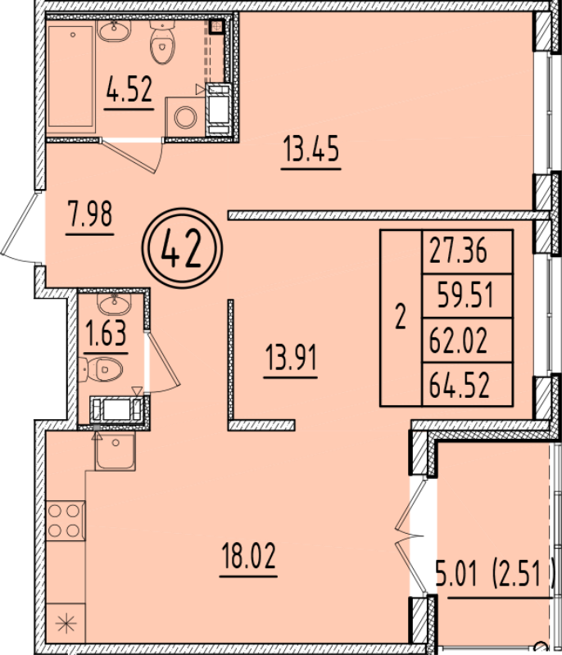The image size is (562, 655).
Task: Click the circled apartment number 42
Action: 182,249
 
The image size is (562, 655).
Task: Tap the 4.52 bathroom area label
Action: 129,89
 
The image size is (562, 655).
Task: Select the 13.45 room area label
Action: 310,149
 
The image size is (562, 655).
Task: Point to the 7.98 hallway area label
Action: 90,214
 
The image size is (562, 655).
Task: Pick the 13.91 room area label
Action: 291,358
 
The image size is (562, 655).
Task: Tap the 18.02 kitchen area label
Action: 249,556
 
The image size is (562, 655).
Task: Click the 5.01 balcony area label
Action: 456,574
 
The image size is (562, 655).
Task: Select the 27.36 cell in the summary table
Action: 459,251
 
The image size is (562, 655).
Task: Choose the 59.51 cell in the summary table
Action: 465,296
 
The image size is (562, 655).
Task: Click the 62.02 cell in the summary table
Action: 459,341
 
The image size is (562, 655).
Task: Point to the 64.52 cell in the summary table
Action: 460,385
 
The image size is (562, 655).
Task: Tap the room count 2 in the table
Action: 401,317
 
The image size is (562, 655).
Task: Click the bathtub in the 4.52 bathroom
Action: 71,76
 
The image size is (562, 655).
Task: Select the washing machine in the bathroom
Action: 185,116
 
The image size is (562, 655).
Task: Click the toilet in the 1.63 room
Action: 101,369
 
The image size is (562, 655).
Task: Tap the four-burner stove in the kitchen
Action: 66,521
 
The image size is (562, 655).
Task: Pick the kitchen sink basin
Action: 116,451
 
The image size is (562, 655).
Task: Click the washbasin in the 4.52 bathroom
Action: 114,30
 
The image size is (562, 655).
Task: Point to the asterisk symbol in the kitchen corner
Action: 66,625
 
